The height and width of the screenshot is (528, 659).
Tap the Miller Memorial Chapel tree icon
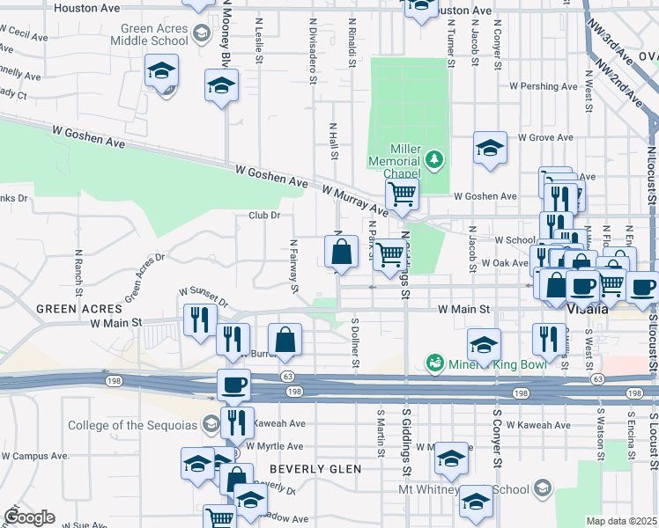433,159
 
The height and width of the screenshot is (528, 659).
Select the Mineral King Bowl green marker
433,362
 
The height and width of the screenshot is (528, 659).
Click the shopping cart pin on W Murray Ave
402,194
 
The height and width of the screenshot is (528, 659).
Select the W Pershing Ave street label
544,86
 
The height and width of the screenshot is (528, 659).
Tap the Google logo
28,517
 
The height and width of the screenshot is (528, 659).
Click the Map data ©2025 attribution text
622,521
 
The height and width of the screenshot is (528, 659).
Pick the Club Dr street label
263,215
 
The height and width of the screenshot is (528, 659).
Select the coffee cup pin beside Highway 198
234,385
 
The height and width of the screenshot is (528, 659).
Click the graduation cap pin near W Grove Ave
490,148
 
